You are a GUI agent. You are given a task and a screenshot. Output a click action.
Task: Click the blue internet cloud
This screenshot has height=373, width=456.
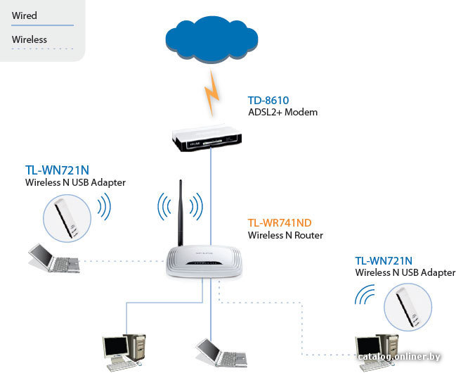coord(211,39)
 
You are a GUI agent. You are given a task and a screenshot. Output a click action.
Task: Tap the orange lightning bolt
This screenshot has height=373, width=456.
coord(211,93)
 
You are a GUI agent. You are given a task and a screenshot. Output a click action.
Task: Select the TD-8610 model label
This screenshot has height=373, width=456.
coord(268,101)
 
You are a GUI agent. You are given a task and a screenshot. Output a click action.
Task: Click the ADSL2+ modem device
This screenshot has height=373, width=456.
coord(207,138)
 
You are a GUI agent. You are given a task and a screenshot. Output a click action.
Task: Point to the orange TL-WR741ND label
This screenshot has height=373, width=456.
coord(280,223)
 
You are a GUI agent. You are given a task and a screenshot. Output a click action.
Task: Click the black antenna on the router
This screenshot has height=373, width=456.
coord(181,213)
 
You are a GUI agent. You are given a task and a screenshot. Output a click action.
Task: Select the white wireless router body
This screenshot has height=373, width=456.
coord(204,261)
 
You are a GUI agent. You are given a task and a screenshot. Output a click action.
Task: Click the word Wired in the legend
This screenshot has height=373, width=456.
coord(25,15)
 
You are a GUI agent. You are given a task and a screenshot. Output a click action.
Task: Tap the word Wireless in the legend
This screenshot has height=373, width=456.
coord(30,39)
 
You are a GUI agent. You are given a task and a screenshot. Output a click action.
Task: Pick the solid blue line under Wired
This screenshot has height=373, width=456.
coord(42,25)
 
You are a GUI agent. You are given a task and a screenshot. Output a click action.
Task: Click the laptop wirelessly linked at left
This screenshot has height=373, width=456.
coord(54,258)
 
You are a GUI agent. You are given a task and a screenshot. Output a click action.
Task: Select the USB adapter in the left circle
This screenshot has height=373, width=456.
coord(66,219)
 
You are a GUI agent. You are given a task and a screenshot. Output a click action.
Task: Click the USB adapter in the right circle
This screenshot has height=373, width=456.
coord(407,307)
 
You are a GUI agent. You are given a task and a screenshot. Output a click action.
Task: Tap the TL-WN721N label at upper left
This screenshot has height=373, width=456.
coord(57,170)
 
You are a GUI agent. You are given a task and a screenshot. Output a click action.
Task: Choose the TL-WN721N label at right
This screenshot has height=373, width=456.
coord(384,261)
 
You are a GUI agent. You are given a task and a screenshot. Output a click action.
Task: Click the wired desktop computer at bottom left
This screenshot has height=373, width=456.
coord(124,353)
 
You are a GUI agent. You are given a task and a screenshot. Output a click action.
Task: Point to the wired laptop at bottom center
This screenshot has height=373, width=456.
coord(221,353)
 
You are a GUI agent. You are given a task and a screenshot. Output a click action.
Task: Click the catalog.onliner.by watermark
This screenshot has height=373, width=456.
coord(399,357)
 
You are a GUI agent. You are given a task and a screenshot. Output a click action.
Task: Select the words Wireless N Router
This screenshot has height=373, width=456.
coord(285,235)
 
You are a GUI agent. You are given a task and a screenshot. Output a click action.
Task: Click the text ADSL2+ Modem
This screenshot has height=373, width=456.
coord(282,112)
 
